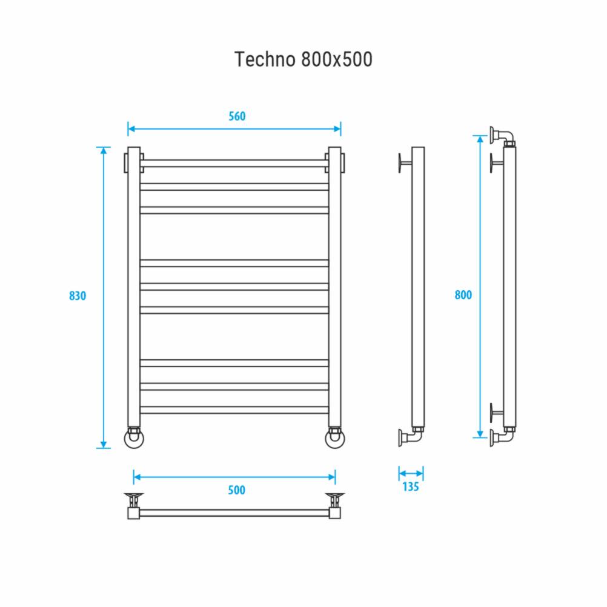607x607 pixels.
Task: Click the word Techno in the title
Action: (265, 59)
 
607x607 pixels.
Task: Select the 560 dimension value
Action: (237, 116)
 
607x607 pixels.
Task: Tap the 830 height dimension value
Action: (78, 296)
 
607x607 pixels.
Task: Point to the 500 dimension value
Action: (236, 490)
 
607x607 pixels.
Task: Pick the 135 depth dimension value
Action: (410, 486)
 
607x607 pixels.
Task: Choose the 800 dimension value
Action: (463, 295)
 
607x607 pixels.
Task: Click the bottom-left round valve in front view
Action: (134, 438)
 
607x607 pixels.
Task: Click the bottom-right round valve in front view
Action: (335, 438)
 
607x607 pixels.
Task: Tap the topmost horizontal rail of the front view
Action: (234, 164)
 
